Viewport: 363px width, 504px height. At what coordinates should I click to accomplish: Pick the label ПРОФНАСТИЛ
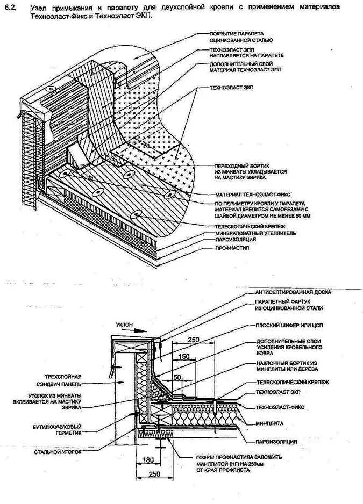(229, 248)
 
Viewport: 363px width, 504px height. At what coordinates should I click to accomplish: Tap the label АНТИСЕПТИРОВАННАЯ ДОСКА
(293, 292)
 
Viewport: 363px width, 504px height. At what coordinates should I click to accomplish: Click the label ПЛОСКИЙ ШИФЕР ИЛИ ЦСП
(289, 326)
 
